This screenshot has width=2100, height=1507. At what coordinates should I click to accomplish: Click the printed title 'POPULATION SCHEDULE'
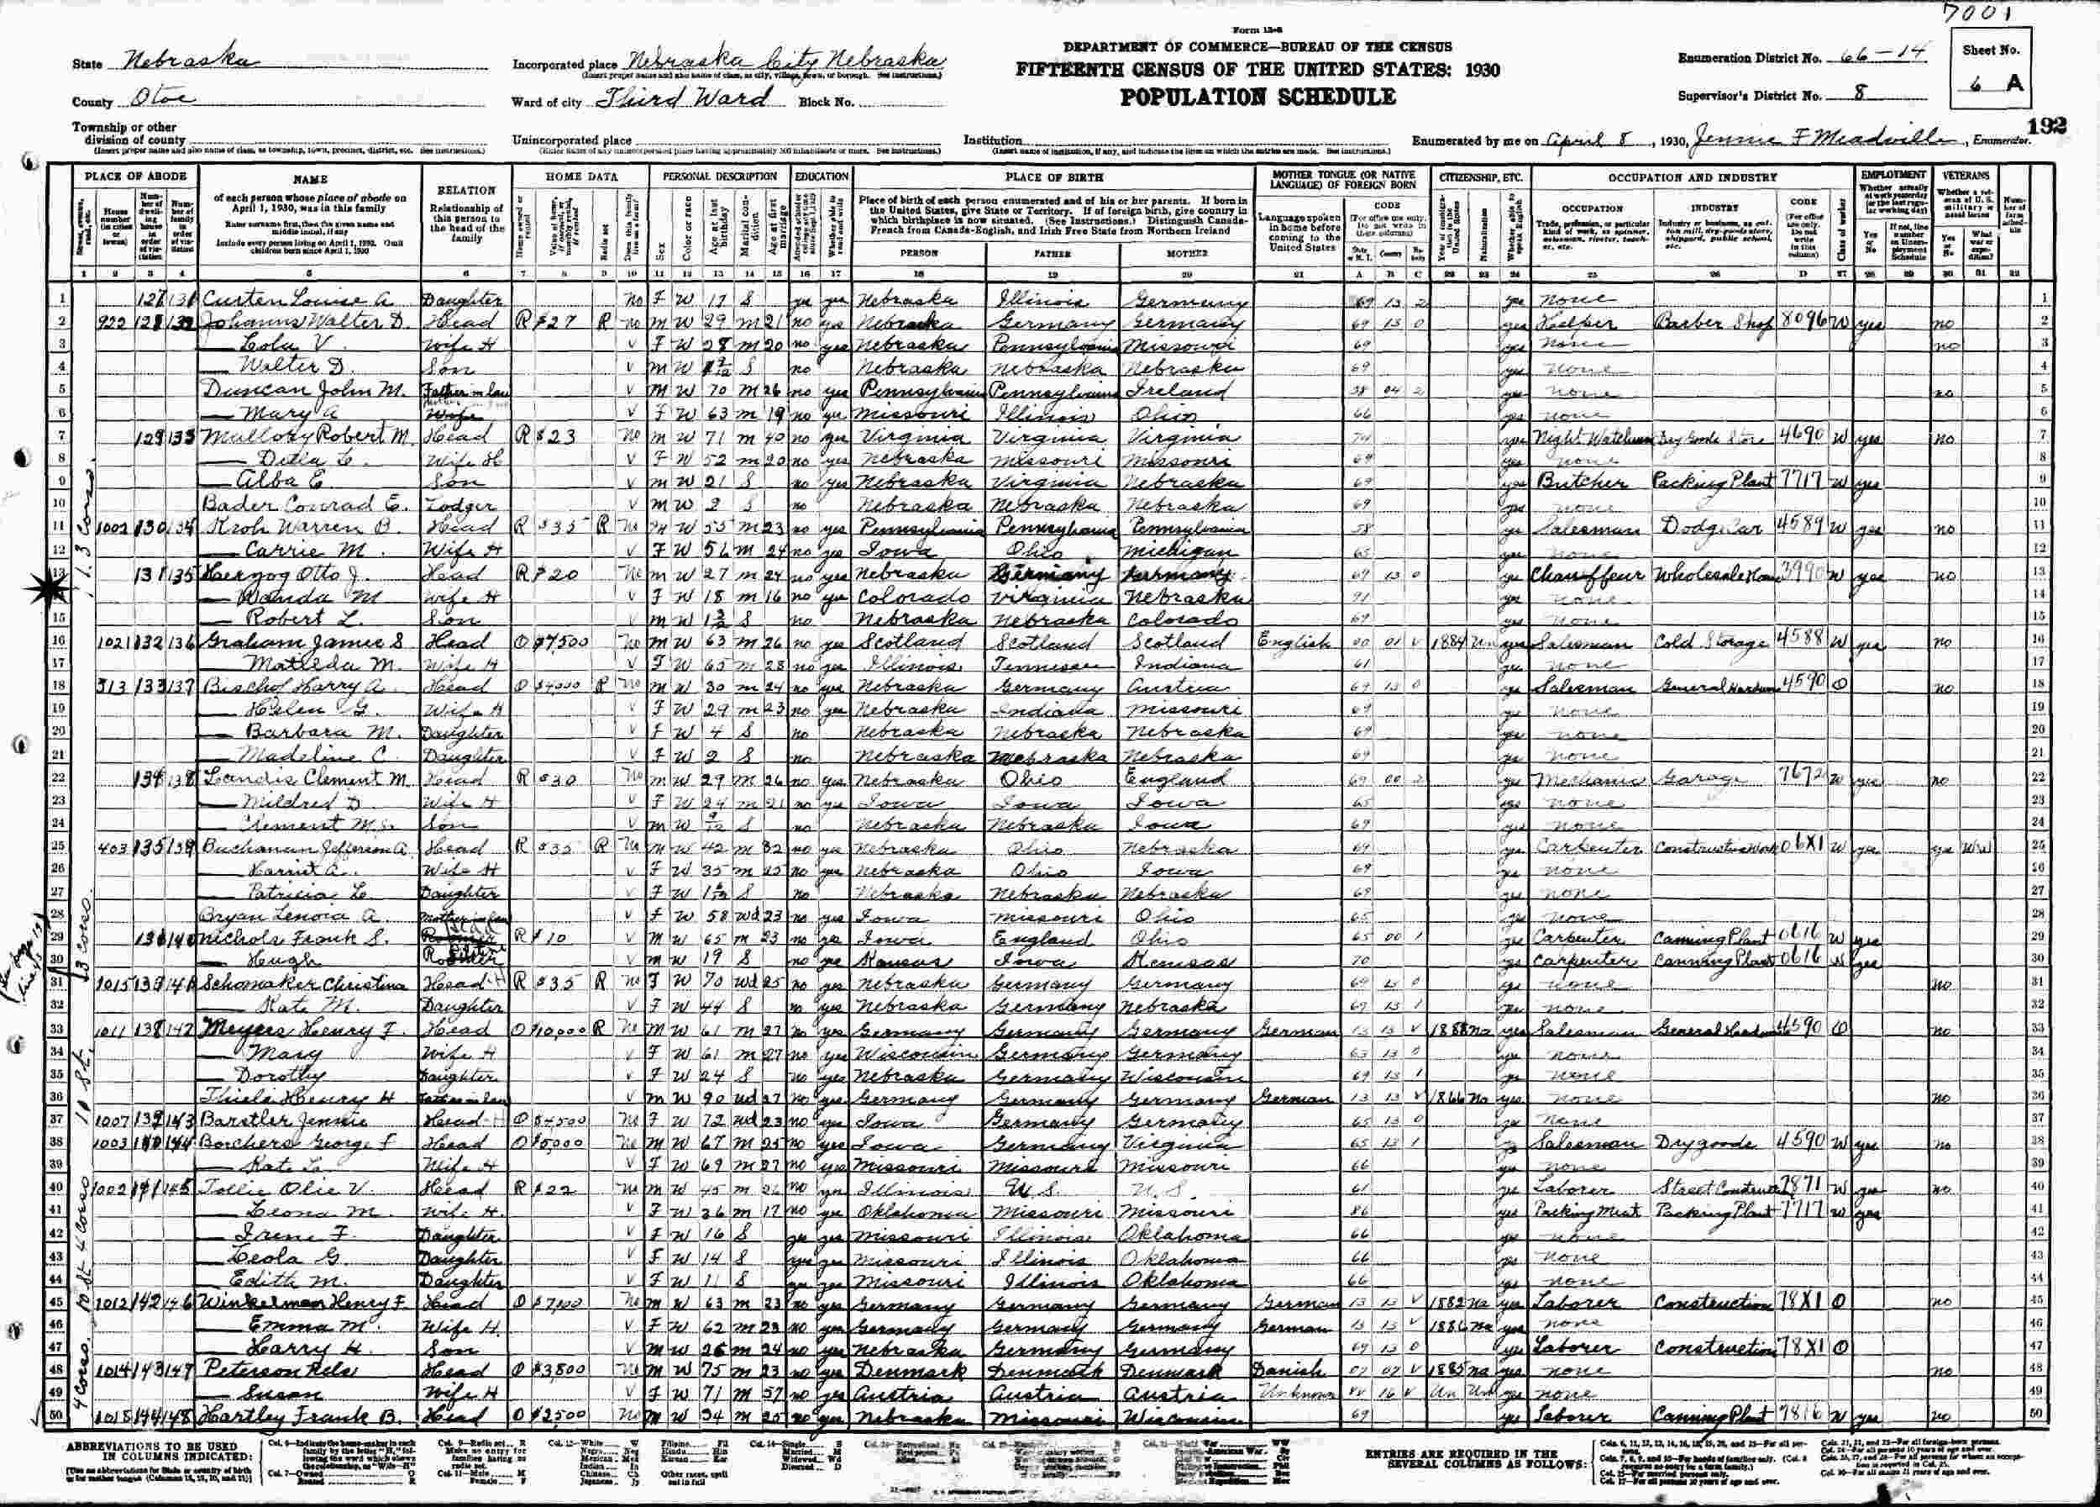(x=1257, y=97)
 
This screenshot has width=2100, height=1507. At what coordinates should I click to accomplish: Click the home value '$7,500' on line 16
(x=556, y=638)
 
